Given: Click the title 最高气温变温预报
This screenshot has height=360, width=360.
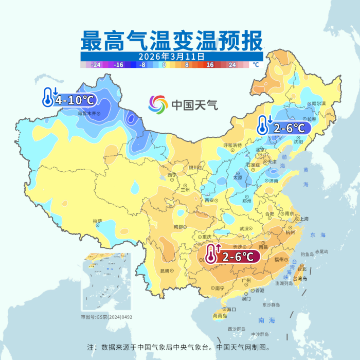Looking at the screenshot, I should tap(171, 40).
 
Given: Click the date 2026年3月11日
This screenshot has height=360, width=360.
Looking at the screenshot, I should tap(171, 56).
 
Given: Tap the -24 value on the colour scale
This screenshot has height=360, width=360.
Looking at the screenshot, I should tap(95, 65).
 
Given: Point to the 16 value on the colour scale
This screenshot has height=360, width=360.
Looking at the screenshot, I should tap(210, 65).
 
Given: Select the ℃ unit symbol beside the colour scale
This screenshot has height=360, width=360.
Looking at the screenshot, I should tap(256, 65).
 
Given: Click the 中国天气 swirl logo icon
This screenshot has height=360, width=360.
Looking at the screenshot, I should tap(158, 105).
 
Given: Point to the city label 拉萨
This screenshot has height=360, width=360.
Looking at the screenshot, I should tap(97, 221).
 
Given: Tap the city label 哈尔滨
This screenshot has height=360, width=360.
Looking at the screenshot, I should tap(319, 103).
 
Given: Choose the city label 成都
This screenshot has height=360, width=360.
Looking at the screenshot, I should tap(178, 226).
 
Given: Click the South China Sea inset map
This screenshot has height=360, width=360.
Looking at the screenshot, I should tap(106, 282).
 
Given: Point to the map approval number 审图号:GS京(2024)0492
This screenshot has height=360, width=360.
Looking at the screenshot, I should tap(106, 317).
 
